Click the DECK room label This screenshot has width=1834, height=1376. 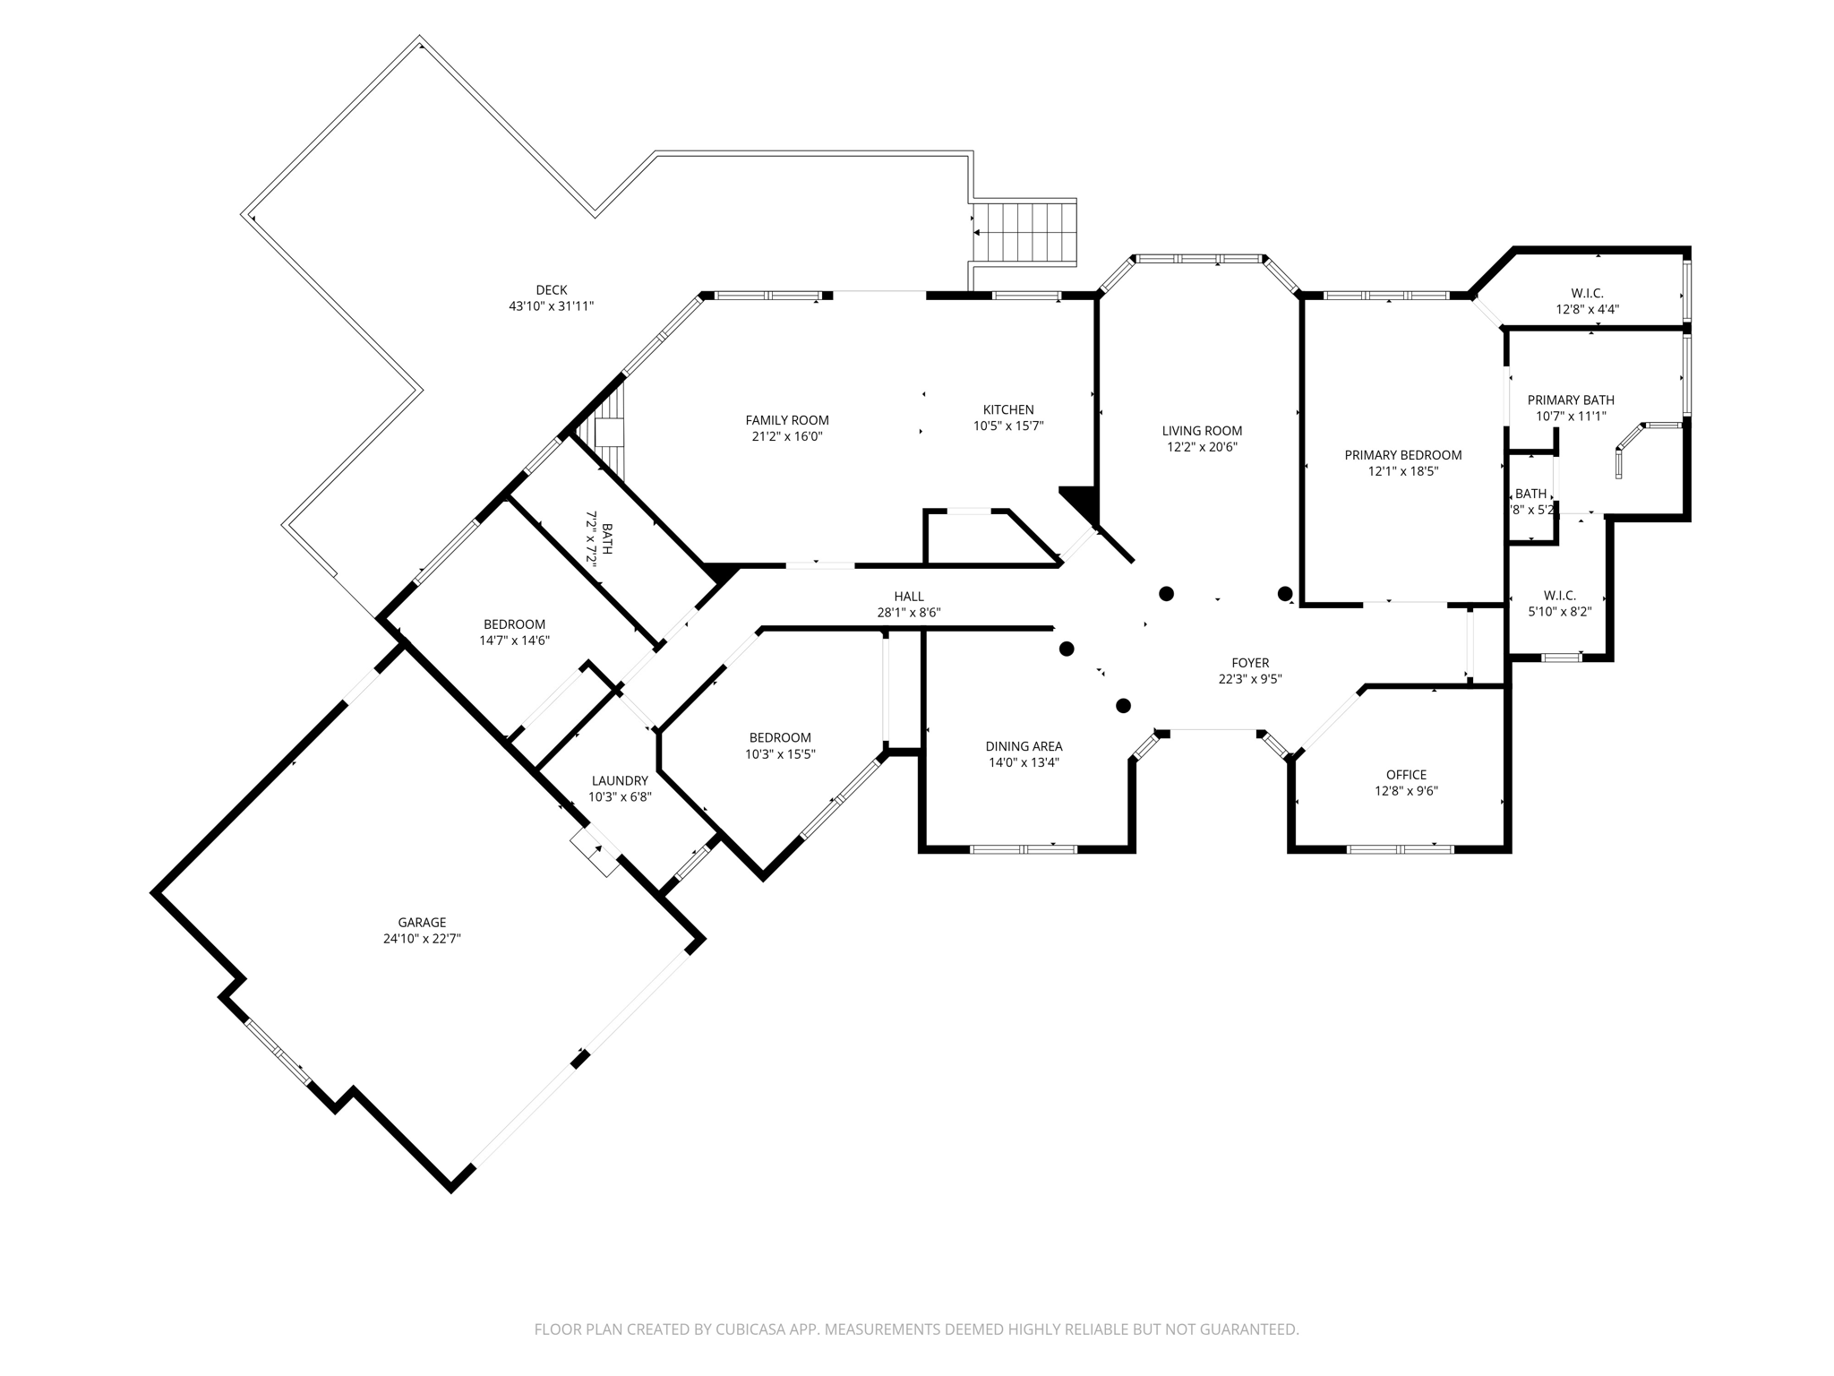(551, 289)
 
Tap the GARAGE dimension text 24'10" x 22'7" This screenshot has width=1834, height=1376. (422, 939)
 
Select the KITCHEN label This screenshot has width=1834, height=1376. (1008, 409)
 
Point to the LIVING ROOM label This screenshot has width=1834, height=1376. (1202, 430)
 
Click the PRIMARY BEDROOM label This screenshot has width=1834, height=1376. (1402, 455)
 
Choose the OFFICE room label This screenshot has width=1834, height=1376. (1406, 775)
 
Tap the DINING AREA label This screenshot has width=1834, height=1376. (1024, 746)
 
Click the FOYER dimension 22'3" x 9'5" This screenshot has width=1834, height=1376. (1250, 679)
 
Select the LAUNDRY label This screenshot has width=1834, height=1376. (619, 780)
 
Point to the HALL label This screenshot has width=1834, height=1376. (908, 597)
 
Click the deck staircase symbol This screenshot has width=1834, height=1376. (1024, 233)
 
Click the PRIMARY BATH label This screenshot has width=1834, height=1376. (1571, 400)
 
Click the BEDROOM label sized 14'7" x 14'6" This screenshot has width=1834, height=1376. (514, 624)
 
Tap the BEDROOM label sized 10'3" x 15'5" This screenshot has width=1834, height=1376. (780, 738)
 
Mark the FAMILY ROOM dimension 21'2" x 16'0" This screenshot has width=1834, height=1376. (787, 436)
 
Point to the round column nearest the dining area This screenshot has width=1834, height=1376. (1123, 706)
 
